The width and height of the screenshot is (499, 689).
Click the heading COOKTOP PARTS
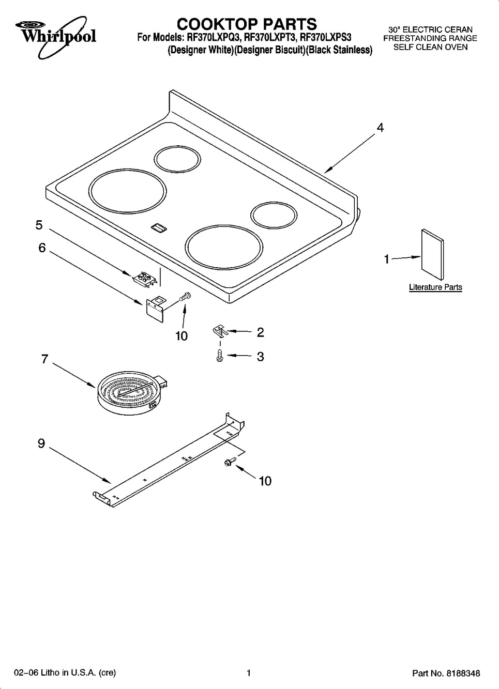tap(247, 24)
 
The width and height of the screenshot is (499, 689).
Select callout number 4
tap(380, 128)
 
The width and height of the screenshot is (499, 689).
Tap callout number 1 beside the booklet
tap(386, 259)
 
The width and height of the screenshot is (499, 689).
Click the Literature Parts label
tap(435, 287)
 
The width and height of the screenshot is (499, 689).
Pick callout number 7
tap(44, 359)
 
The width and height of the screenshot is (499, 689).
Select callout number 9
tap(41, 443)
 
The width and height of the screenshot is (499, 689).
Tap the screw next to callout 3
tap(220, 356)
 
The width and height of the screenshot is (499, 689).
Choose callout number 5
tap(39, 225)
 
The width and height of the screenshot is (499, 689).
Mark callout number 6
tap(42, 248)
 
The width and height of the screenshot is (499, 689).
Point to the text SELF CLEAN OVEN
tap(430, 47)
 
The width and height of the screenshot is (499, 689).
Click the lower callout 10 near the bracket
tap(265, 481)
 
